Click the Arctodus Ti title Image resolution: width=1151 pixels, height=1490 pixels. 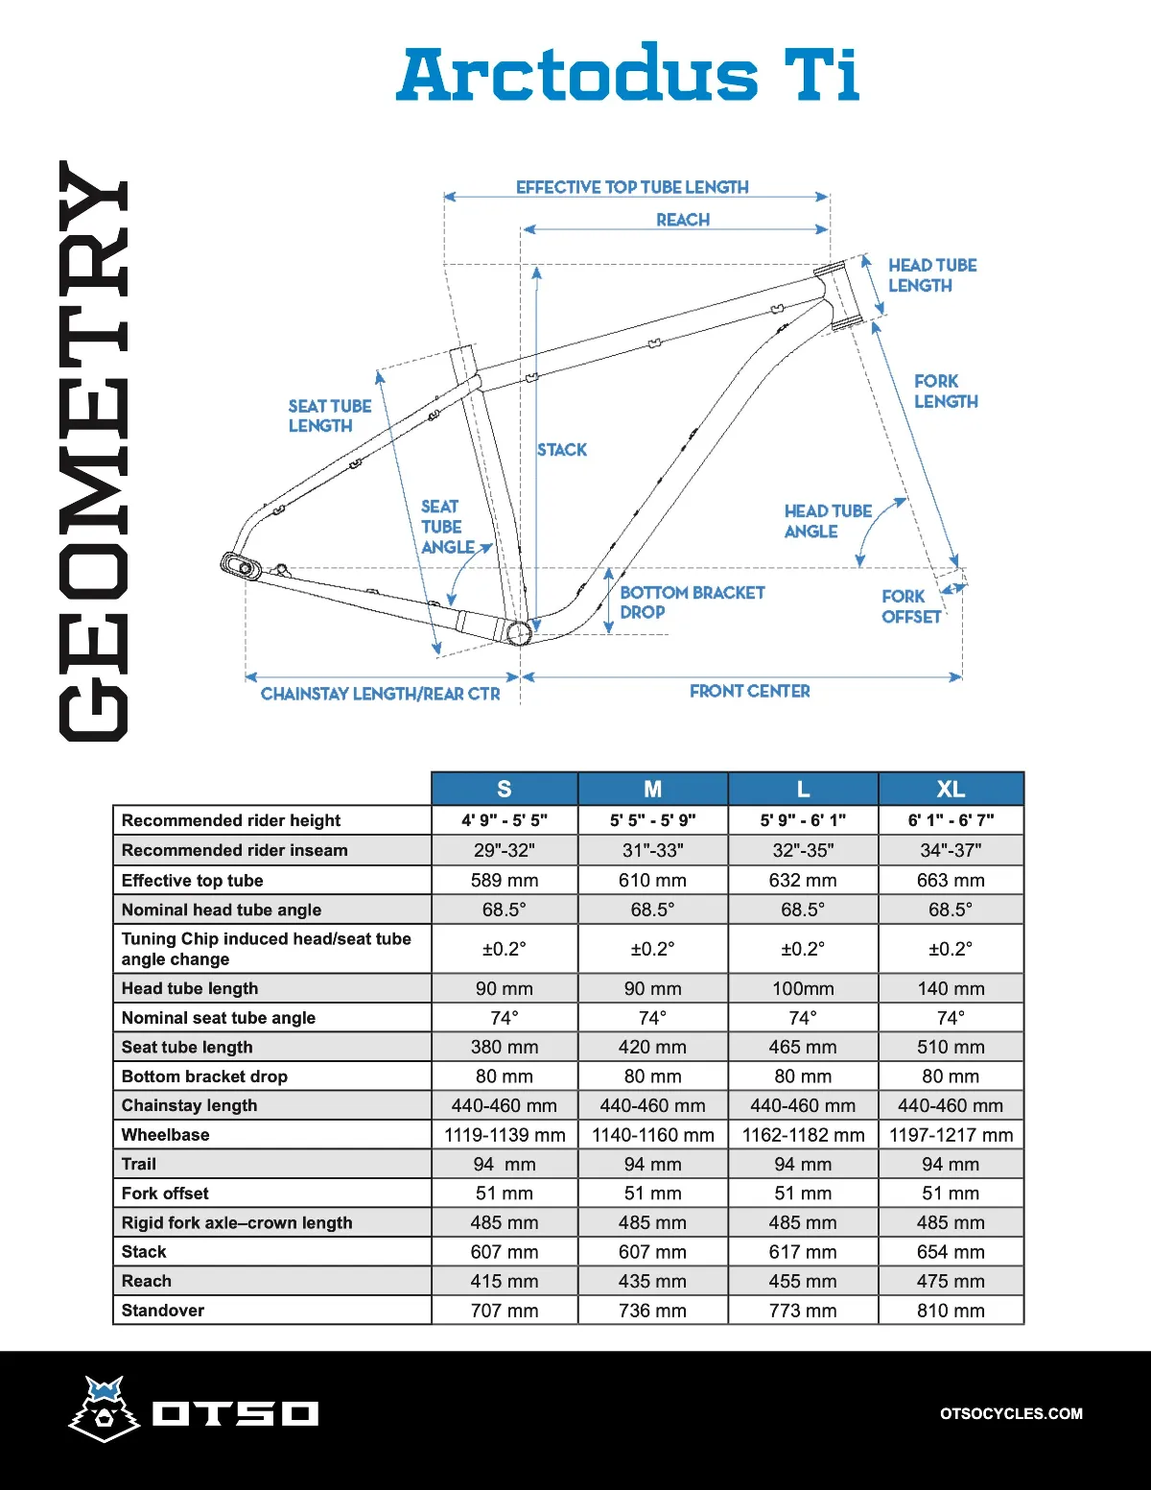(628, 74)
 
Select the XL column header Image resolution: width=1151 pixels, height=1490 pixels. (951, 789)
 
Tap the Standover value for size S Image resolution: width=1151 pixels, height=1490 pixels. (505, 1311)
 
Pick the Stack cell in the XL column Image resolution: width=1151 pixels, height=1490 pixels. (951, 1252)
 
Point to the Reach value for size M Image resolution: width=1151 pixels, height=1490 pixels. (652, 1282)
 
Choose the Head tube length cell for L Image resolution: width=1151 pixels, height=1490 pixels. (803, 988)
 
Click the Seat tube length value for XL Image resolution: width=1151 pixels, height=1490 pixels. (951, 1047)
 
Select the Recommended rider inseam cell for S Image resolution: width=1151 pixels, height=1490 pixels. (505, 850)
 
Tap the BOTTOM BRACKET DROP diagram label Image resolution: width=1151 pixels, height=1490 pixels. (692, 603)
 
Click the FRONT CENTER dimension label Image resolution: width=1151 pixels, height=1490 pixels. (749, 691)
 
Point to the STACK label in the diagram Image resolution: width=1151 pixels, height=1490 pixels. (562, 449)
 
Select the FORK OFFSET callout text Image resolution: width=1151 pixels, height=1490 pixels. (909, 606)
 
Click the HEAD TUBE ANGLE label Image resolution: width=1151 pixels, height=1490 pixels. (827, 521)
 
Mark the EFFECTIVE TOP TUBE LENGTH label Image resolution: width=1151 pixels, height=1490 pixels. (632, 187)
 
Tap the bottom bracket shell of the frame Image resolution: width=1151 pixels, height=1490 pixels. (518, 633)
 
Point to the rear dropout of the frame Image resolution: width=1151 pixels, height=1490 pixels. (241, 566)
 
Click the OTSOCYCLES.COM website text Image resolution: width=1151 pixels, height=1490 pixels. (1011, 1413)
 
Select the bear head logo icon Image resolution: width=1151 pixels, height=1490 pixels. (105, 1408)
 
